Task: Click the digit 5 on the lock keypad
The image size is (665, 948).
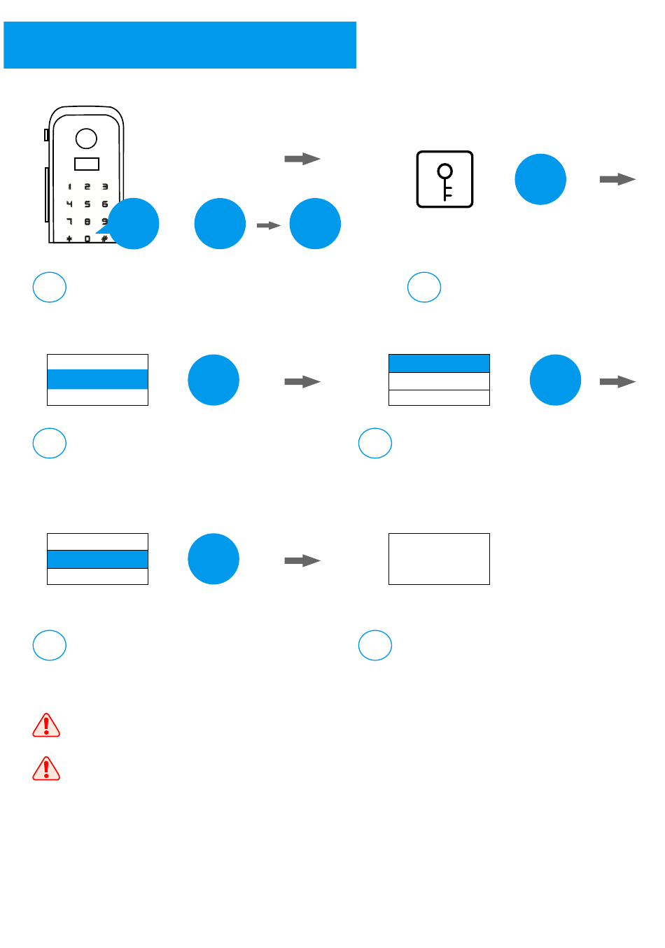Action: pos(87,204)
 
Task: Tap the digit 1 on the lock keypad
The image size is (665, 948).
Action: pos(69,187)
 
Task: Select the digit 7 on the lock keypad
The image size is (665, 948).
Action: pos(69,222)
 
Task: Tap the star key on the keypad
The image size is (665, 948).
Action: pos(69,239)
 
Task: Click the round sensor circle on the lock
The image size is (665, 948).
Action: pos(86,139)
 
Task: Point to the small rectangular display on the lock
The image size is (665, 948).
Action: pos(87,164)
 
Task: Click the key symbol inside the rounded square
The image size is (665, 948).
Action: pos(444,180)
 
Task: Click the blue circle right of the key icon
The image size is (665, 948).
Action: pos(540,179)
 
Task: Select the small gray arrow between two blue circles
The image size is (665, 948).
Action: pos(268,225)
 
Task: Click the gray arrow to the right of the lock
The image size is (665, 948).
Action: pos(302,159)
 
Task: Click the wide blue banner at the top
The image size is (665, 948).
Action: pos(180,45)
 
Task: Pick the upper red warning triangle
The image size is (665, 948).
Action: pos(46,726)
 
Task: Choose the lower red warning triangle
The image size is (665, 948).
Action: pos(46,768)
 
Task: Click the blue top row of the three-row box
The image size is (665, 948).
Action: pos(439,363)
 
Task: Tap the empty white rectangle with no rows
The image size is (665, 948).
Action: pos(439,558)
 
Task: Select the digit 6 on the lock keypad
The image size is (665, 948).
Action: pos(104,204)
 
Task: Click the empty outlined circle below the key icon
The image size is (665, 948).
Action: pos(424,287)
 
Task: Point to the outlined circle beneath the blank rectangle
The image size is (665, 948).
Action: pos(375,645)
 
